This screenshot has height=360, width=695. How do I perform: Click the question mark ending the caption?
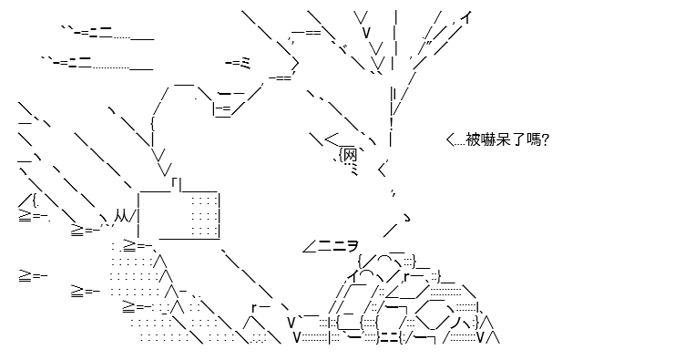[546, 140]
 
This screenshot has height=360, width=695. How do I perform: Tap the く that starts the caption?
[450, 140]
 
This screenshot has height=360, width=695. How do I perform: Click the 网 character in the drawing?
[350, 155]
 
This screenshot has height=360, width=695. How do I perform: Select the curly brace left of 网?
[341, 156]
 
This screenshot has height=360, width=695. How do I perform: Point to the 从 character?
[121, 216]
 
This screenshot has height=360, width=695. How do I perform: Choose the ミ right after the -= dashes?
[246, 64]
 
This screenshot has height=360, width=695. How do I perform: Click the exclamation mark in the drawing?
[392, 123]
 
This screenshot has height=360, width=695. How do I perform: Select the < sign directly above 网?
[332, 139]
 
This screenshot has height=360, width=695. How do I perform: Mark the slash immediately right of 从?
[132, 216]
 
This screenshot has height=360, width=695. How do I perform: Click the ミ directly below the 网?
[354, 169]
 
